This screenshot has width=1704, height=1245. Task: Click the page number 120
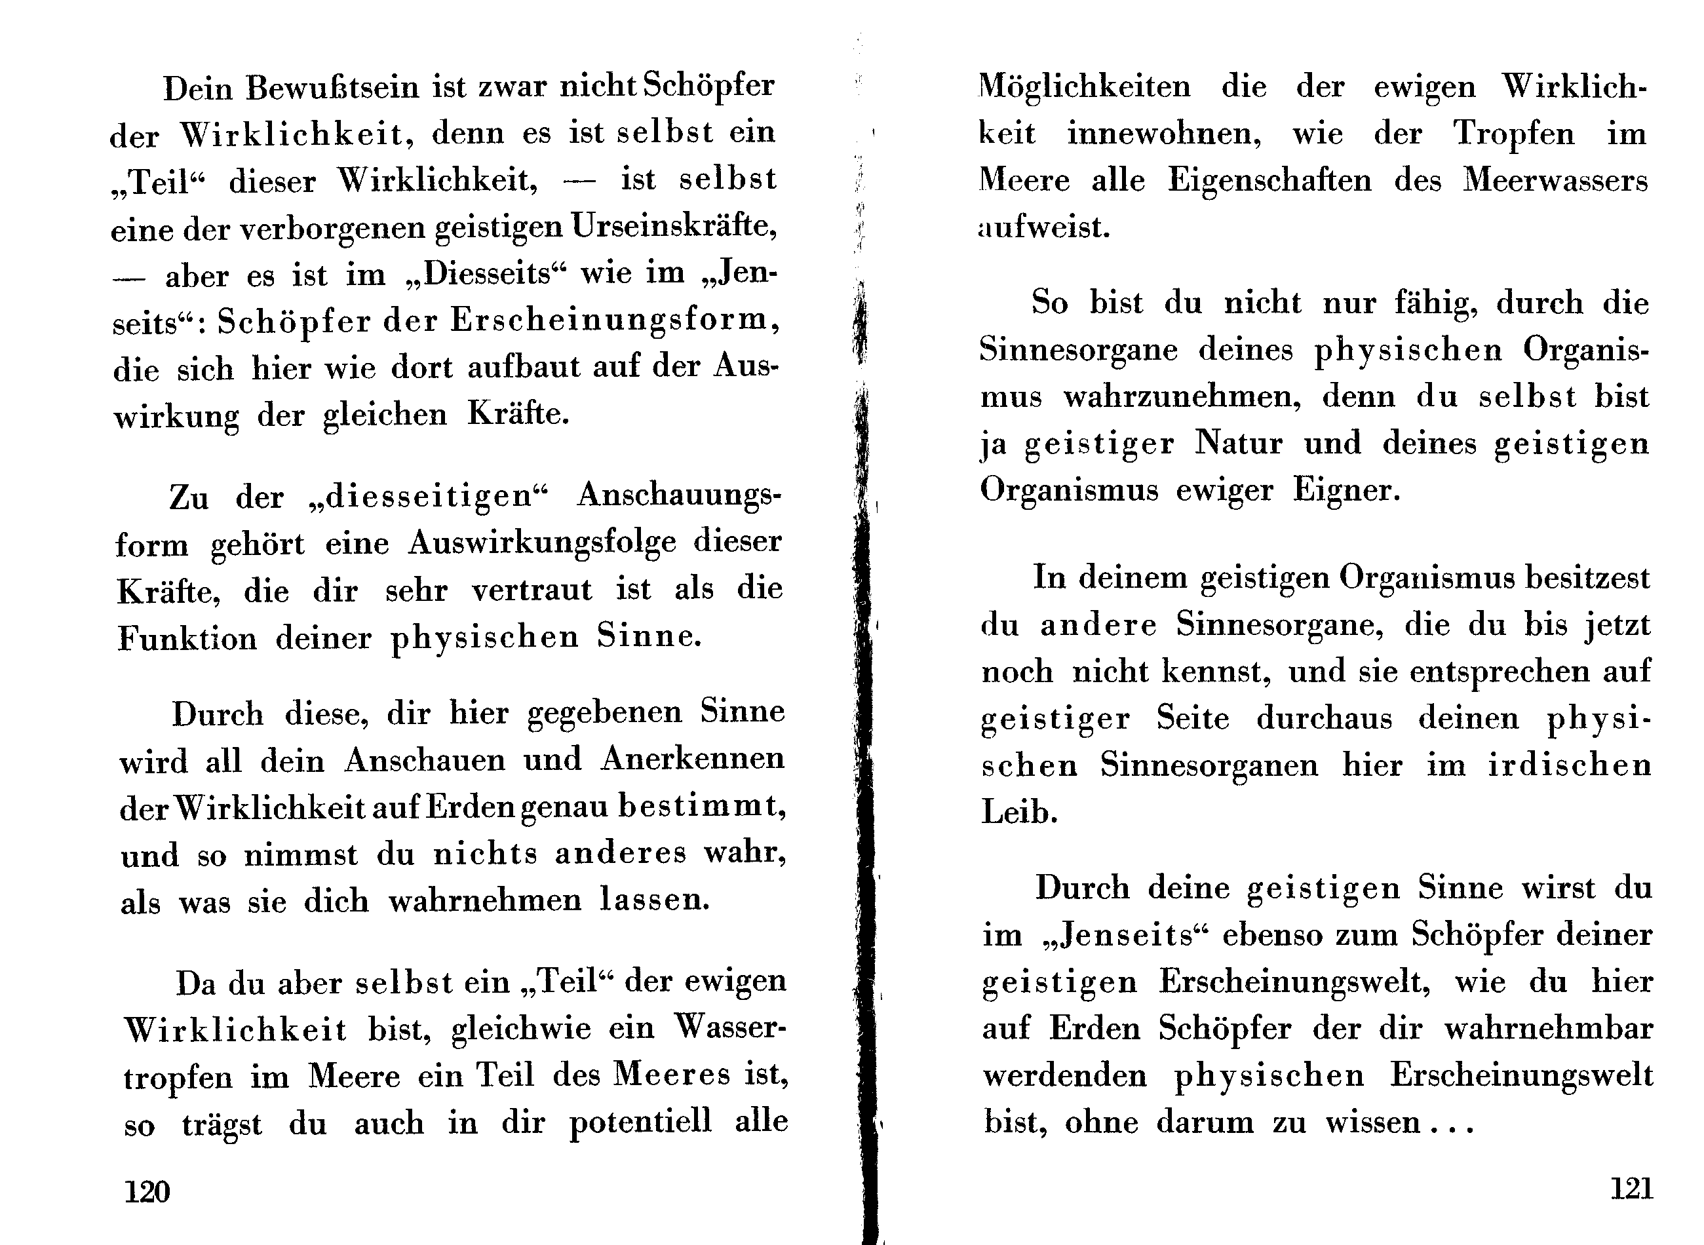(147, 1191)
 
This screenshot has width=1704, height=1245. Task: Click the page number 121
(1632, 1189)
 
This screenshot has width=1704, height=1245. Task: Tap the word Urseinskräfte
(674, 226)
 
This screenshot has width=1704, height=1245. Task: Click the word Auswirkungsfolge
(542, 543)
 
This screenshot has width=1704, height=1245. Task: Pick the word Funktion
(187, 638)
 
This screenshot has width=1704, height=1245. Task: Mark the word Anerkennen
(692, 759)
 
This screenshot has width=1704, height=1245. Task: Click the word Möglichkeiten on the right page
(1085, 86)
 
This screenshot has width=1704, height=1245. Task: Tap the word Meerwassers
(1555, 181)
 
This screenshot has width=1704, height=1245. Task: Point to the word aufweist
(1044, 227)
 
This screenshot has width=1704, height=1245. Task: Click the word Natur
(1238, 442)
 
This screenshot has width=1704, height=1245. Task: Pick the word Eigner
(1346, 490)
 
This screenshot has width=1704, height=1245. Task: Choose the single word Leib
(1019, 812)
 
